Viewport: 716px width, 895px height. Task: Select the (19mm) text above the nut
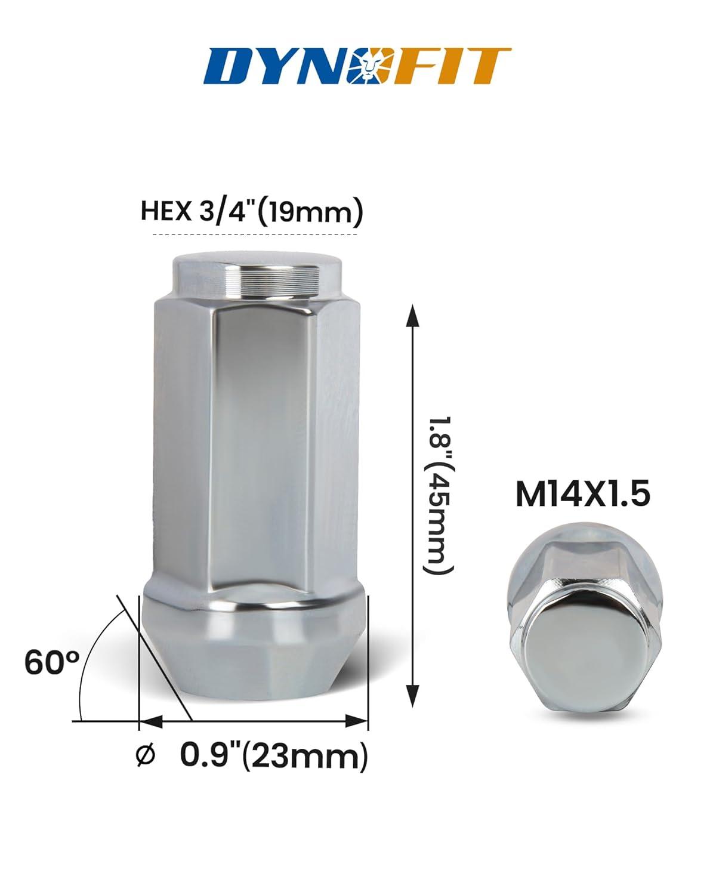point(309,212)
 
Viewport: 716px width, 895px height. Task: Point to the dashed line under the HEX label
point(255,235)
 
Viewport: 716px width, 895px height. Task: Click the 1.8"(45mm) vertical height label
point(437,496)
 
